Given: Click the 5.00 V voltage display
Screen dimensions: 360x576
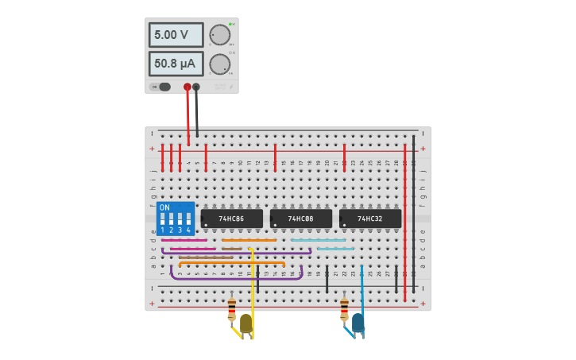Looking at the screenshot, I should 176,35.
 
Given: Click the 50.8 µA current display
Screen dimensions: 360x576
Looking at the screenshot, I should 176,64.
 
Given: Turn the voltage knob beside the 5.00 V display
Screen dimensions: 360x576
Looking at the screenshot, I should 219,35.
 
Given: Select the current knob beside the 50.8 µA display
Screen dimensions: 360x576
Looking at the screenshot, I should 219,64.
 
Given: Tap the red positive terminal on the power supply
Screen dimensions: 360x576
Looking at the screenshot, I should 187,87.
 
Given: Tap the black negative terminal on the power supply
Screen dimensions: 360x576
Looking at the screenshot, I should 196,87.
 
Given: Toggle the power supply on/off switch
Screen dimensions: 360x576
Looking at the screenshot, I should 163,87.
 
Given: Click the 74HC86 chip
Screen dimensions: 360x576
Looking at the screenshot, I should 231,219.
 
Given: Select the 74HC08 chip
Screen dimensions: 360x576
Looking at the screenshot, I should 300,219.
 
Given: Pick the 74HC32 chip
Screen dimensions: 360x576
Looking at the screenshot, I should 369,219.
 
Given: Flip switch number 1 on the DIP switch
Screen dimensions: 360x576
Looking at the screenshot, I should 163,220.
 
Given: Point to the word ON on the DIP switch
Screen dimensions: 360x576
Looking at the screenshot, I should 164,207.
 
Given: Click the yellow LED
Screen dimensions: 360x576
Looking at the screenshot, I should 246,323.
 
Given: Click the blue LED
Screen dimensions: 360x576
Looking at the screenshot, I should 358,322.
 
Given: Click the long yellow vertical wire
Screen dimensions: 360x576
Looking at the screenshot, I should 253,290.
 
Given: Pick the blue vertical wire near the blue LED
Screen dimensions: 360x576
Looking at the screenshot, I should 361,286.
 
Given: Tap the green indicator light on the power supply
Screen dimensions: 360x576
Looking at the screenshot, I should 230,24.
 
